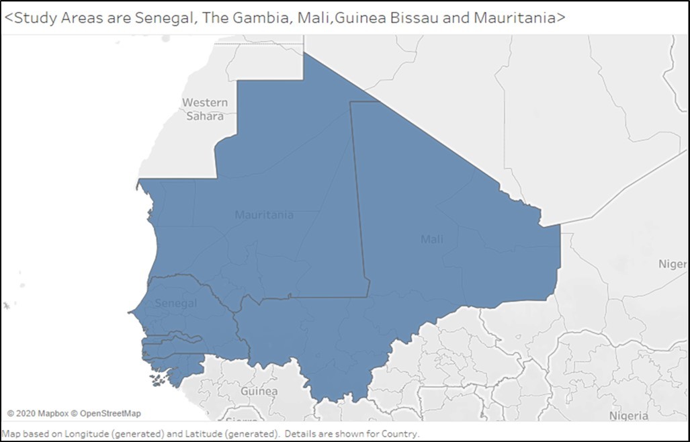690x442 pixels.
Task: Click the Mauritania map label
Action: click(263, 215)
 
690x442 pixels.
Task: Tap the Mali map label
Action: click(431, 239)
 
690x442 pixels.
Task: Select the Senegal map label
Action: click(176, 304)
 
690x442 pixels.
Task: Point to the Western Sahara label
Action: click(205, 109)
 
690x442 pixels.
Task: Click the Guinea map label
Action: click(259, 391)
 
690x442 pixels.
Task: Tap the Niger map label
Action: click(672, 264)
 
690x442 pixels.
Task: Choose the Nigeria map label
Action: click(628, 416)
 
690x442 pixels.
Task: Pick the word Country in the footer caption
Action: click(399, 434)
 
